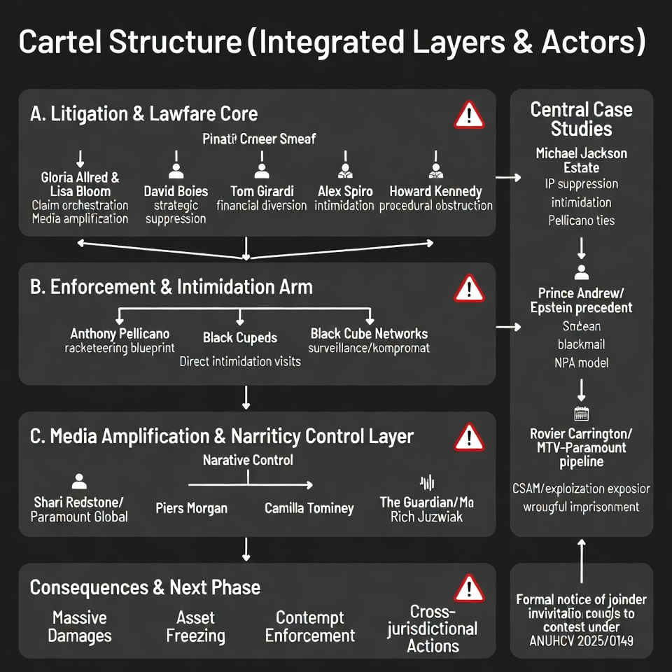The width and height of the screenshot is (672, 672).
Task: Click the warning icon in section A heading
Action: pyautogui.click(x=468, y=115)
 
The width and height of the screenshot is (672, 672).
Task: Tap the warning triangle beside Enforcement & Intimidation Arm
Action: pyautogui.click(x=468, y=288)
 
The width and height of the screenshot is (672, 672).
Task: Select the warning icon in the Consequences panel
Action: pyautogui.click(x=468, y=588)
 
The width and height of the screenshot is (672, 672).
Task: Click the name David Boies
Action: pyautogui.click(x=176, y=191)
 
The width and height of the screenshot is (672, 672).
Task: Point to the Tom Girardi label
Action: pyautogui.click(x=262, y=191)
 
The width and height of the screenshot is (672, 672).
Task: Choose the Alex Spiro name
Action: pyautogui.click(x=344, y=191)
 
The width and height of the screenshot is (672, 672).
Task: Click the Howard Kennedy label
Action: pyautogui.click(x=435, y=191)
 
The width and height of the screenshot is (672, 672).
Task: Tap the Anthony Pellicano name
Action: pyautogui.click(x=120, y=334)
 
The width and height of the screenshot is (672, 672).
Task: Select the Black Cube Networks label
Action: pyautogui.click(x=369, y=334)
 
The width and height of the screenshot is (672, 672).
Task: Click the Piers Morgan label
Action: pyautogui.click(x=191, y=508)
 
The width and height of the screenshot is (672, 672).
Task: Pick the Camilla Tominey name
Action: pyautogui.click(x=309, y=508)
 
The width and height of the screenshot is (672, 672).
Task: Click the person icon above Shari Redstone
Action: pyautogui.click(x=79, y=482)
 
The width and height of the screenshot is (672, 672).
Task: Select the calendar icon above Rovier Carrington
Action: pyautogui.click(x=581, y=413)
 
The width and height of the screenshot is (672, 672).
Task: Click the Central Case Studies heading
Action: pyautogui.click(x=581, y=119)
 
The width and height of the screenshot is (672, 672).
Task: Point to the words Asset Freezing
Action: pyautogui.click(x=195, y=627)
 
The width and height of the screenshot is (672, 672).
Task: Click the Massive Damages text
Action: pyautogui.click(x=80, y=627)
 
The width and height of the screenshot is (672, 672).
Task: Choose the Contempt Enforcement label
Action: pyautogui.click(x=310, y=627)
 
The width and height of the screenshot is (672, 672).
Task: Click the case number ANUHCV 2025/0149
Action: pyautogui.click(x=582, y=640)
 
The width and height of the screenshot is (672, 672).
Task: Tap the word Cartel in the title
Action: pyautogui.click(x=59, y=43)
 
